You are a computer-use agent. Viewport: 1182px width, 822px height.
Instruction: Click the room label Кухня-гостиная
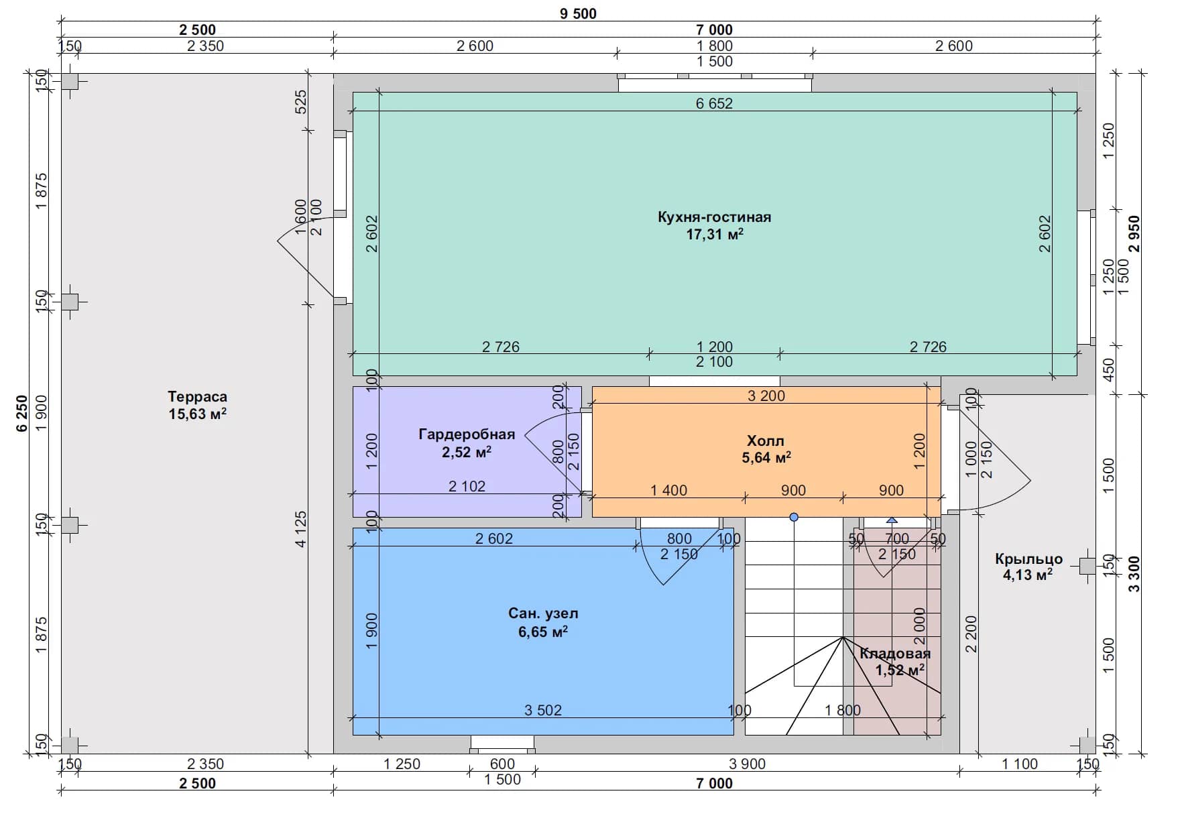tap(714, 217)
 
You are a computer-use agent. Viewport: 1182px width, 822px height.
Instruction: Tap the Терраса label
tap(197, 397)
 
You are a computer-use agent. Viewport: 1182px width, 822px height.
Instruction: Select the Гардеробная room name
tap(467, 434)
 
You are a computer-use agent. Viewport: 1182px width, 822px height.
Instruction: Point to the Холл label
tap(766, 441)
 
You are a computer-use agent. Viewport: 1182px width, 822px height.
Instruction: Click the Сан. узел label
tap(543, 613)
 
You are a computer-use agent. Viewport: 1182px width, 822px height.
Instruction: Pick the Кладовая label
tap(895, 654)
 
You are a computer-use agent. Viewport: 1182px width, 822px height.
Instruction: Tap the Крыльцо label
tap(1028, 559)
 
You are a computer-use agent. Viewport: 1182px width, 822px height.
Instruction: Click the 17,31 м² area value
tap(715, 235)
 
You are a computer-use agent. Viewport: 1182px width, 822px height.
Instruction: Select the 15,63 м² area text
tap(197, 414)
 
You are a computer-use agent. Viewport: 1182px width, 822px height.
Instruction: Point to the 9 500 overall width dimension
tap(578, 13)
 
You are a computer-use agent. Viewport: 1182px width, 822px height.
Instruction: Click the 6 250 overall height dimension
tap(22, 414)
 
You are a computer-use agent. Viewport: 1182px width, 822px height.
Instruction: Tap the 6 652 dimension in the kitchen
tap(714, 103)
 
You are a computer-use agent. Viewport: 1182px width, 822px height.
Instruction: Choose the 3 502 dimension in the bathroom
tap(543, 710)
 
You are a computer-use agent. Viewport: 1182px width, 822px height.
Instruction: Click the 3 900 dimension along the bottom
tap(747, 764)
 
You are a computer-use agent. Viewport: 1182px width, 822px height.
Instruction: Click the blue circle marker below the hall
tap(794, 517)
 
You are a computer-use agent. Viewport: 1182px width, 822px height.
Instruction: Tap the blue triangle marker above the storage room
tap(892, 520)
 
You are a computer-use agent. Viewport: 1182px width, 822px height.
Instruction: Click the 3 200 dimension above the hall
tap(766, 396)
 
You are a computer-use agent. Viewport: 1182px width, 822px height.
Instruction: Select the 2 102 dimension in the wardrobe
tap(467, 486)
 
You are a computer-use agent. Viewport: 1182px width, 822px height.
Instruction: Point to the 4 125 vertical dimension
tap(300, 530)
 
